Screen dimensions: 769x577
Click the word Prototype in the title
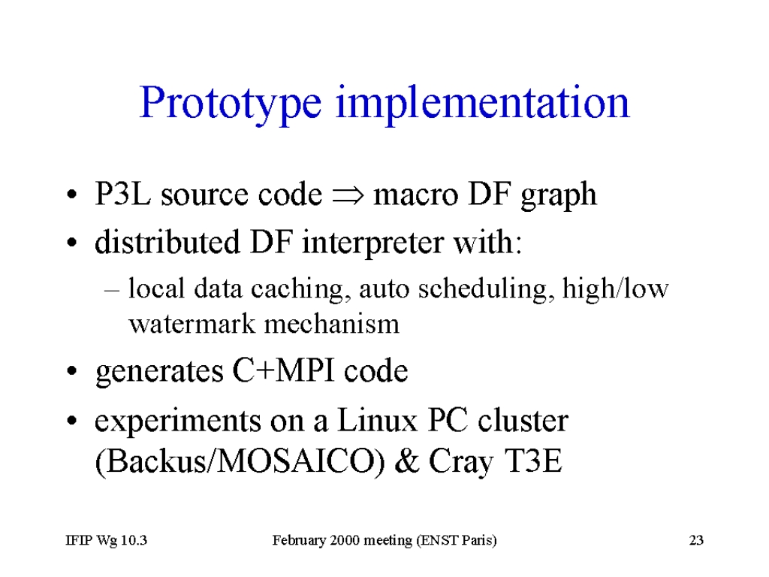click(231, 104)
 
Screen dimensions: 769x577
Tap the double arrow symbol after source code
click(348, 195)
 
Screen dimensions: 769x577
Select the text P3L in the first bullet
click(123, 193)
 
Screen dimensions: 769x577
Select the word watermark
click(191, 325)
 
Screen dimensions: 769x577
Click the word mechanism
click(331, 324)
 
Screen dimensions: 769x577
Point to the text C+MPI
click(283, 370)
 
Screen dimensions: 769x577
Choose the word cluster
click(523, 421)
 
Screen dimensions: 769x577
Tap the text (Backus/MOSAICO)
click(240, 462)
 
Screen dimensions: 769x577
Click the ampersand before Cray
click(406, 461)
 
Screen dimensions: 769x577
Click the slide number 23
click(696, 540)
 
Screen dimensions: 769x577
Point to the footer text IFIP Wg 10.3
click(107, 541)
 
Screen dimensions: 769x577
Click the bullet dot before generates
click(72, 371)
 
